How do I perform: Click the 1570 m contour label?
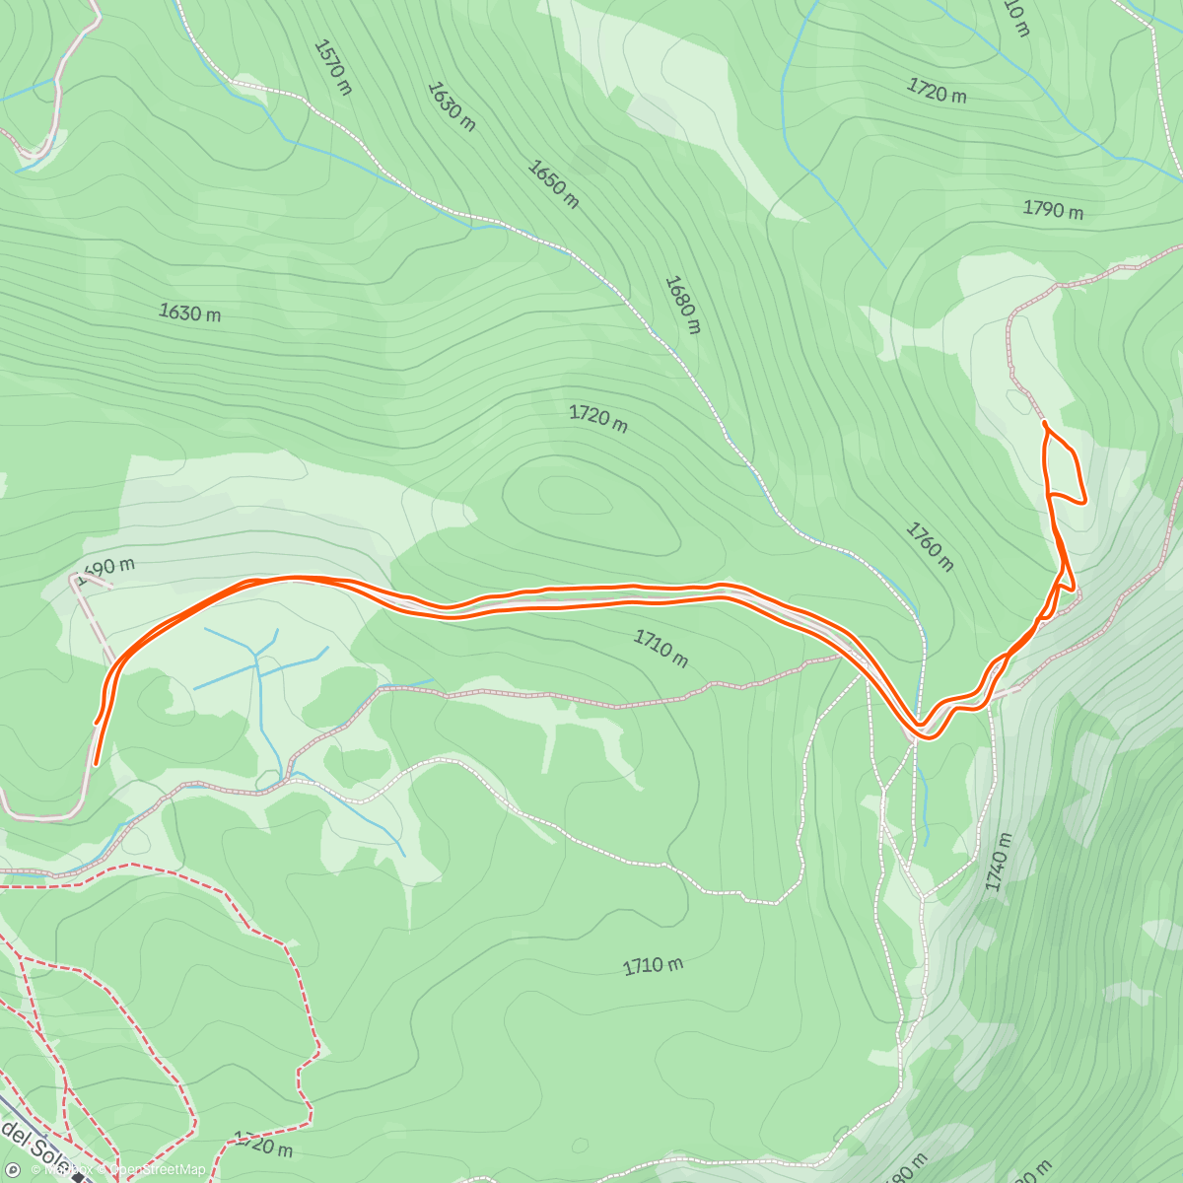coord(332,66)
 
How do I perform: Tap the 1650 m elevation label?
coord(552,184)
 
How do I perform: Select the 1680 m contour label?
coord(681,305)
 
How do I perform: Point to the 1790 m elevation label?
coord(1053,209)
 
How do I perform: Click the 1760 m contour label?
coord(930,546)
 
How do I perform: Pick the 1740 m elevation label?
coord(999,862)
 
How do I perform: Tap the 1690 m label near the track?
coord(106,570)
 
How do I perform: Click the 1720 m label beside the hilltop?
coord(597,418)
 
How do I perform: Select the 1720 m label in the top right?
coord(936,92)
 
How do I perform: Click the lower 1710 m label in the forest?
coord(653,965)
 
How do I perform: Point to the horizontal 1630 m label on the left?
coord(189,313)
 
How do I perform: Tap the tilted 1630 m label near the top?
coord(452,105)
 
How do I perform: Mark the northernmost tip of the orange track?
coord(1044,423)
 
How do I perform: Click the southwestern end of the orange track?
coord(96,763)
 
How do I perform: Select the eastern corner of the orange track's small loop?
coord(1084,501)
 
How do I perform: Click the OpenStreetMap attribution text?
coord(158,1169)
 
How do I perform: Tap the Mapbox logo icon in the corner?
coord(13,1169)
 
